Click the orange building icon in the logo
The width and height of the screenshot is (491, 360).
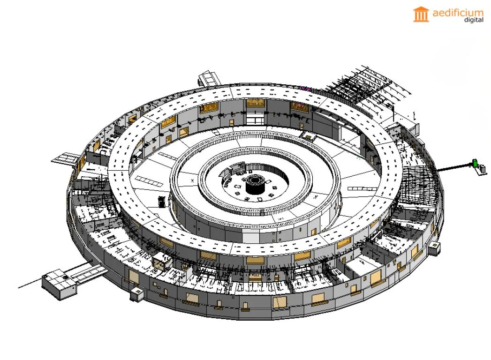[421, 15]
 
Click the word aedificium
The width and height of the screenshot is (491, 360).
[458, 13]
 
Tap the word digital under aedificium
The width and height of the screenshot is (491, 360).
[474, 20]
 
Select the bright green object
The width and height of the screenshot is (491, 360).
[475, 163]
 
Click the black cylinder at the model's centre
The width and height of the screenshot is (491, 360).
[255, 185]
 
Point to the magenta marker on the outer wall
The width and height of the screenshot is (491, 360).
[305, 89]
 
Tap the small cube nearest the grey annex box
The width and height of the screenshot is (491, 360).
[137, 294]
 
